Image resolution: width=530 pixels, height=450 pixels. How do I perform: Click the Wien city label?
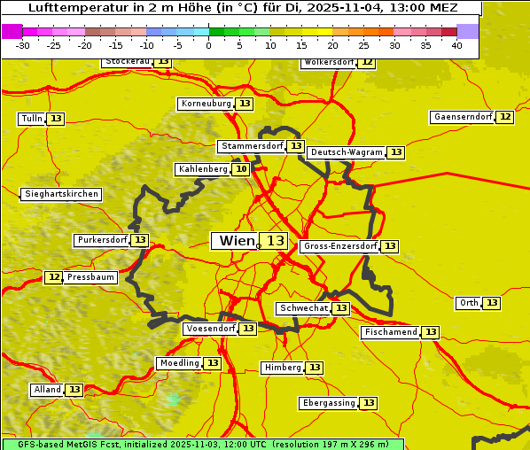click(236, 241)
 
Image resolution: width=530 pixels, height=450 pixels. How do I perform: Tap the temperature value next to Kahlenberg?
click(241, 169)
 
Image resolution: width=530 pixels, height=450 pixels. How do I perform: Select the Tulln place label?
click(31, 119)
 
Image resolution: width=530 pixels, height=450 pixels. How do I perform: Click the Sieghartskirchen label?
click(61, 194)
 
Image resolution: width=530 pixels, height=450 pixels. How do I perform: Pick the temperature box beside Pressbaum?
click(54, 277)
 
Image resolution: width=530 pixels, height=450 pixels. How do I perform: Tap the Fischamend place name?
click(390, 332)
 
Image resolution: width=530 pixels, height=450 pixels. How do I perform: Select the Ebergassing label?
click(329, 403)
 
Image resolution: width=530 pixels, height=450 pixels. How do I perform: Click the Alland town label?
click(47, 390)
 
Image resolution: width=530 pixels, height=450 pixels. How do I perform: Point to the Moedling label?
click(179, 363)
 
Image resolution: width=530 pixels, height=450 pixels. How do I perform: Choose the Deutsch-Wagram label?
click(347, 152)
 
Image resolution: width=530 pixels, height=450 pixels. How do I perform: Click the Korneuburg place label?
click(207, 104)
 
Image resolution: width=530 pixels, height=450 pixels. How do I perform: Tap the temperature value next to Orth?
click(492, 303)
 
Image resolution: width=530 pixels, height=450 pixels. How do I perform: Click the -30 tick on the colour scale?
click(22, 45)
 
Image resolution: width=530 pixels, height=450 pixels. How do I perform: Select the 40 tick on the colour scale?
click(456, 45)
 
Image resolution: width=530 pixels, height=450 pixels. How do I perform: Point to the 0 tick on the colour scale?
click(208, 45)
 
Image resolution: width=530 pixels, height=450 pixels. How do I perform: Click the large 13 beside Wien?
click(276, 241)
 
